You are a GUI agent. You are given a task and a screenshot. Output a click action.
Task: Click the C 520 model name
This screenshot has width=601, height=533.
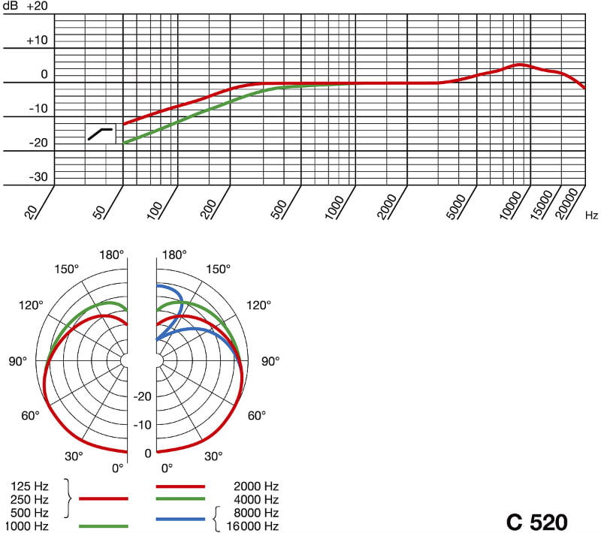[x=536, y=521]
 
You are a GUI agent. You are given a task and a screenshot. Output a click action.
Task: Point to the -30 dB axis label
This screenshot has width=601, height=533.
[x=38, y=177]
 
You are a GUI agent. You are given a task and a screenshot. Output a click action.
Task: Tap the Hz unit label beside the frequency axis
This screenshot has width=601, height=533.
[x=592, y=215]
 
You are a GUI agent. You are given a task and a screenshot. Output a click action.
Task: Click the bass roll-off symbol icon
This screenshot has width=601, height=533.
[x=101, y=134]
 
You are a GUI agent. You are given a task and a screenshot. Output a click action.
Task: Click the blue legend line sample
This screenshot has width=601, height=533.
[x=181, y=519]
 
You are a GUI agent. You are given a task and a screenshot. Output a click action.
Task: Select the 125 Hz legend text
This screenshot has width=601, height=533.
[x=32, y=484]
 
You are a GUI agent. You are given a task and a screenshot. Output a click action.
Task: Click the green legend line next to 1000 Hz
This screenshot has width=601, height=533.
[x=103, y=525]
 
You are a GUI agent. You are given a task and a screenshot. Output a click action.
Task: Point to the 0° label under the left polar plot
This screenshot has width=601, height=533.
[x=118, y=468]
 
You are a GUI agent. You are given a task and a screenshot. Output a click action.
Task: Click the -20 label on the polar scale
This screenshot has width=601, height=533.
[x=143, y=396]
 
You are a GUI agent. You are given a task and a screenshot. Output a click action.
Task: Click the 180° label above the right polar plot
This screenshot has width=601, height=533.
[x=174, y=254]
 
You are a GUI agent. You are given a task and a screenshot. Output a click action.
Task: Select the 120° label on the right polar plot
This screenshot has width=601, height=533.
[x=258, y=305]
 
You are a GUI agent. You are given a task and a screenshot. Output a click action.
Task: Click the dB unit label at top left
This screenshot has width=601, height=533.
[x=10, y=6]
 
